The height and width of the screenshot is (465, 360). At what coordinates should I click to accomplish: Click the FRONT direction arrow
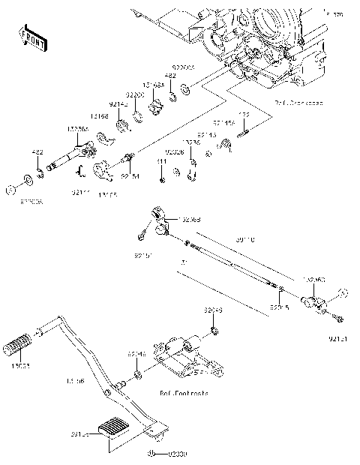point(33,37)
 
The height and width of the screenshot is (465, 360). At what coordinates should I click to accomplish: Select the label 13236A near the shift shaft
point(77,129)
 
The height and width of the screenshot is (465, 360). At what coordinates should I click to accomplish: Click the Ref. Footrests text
point(184,392)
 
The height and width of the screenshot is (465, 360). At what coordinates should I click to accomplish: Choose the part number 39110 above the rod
point(245,240)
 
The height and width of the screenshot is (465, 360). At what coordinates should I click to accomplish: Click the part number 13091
point(21,367)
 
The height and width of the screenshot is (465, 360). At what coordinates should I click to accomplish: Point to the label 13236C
point(314,280)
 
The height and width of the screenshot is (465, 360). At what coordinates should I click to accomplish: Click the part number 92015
point(279,307)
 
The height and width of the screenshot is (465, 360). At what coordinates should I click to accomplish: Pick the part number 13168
point(99,116)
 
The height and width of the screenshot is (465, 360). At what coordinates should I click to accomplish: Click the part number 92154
point(130,176)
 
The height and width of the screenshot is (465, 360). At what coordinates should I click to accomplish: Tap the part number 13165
point(106,193)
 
